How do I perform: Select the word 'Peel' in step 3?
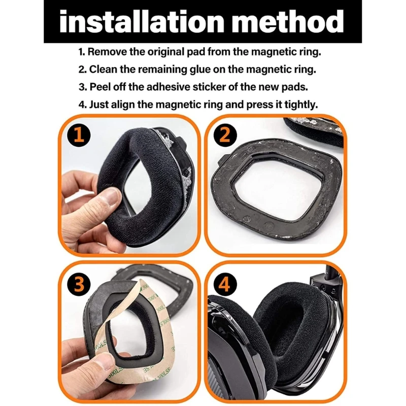(x=100, y=87)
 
